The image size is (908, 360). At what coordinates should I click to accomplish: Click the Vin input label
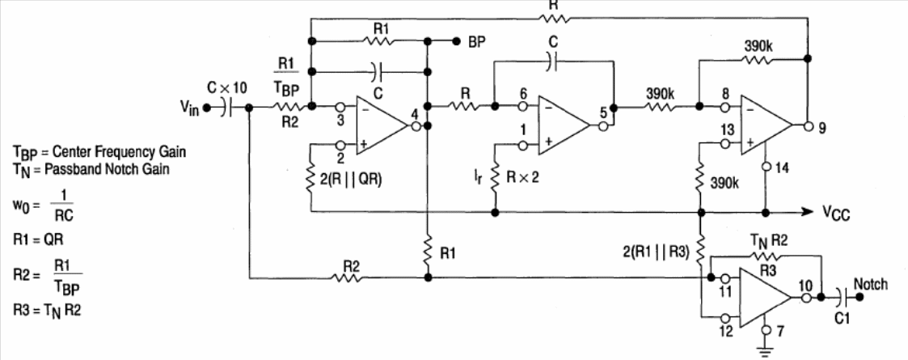coord(188,108)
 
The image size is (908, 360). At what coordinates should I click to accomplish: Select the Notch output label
coord(870,284)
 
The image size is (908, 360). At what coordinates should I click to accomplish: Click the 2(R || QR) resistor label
coord(350,179)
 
